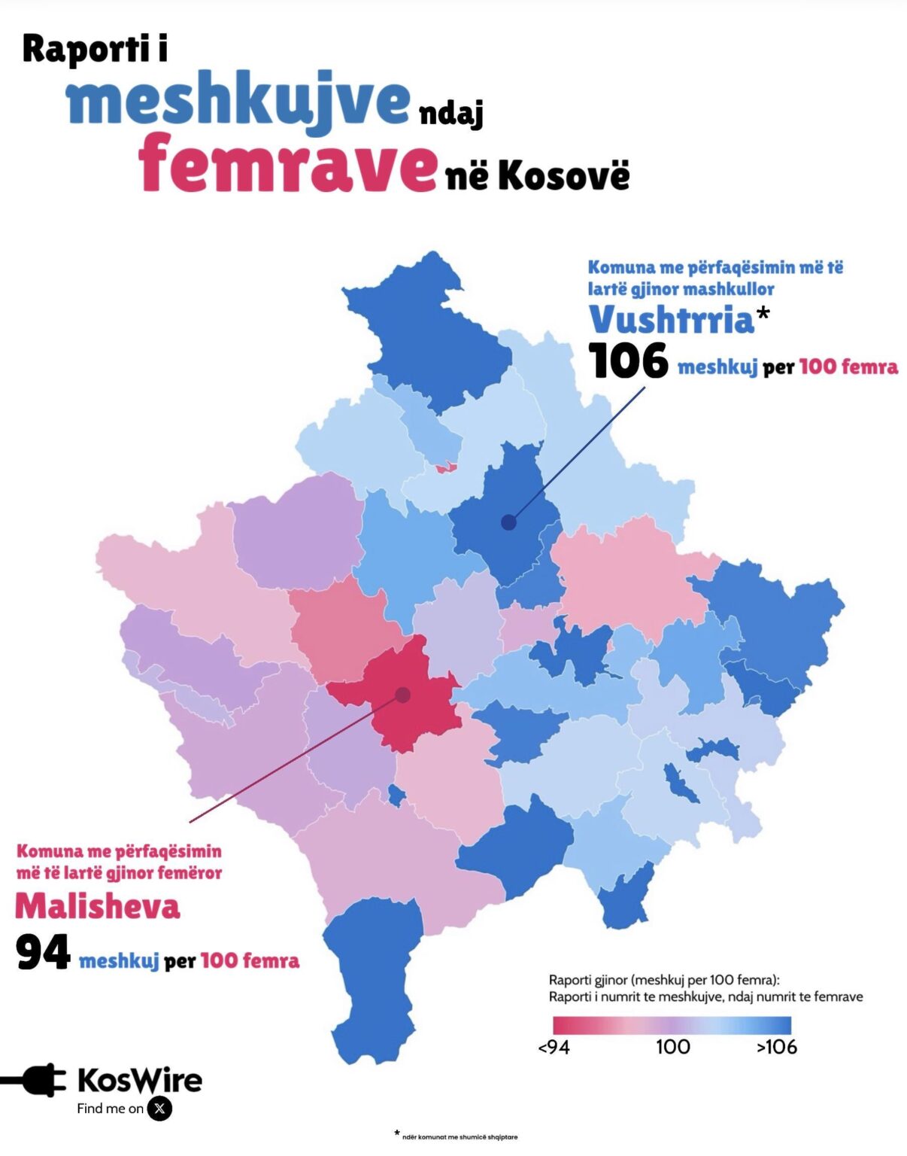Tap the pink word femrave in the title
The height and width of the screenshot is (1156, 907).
coord(287,163)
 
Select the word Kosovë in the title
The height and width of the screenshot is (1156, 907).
coord(563,175)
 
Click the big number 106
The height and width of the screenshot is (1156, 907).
coord(628,360)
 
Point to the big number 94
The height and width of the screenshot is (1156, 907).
coord(43,954)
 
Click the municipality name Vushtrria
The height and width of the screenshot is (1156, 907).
coord(671,320)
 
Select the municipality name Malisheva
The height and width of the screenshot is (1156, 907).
coord(98,906)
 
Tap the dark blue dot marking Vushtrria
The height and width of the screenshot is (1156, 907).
coord(509,522)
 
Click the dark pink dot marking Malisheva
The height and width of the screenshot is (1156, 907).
coord(403,695)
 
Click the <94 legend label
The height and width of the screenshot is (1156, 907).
coord(554,1047)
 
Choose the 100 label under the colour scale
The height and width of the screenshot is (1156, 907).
coord(672,1047)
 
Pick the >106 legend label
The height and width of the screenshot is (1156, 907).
coord(777,1047)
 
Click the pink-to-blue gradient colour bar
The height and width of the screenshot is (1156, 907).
coord(672,1025)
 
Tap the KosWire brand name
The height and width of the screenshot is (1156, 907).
coord(140,1081)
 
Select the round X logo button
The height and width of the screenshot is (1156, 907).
coord(159,1109)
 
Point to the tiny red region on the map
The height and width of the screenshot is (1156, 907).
coord(446,467)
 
